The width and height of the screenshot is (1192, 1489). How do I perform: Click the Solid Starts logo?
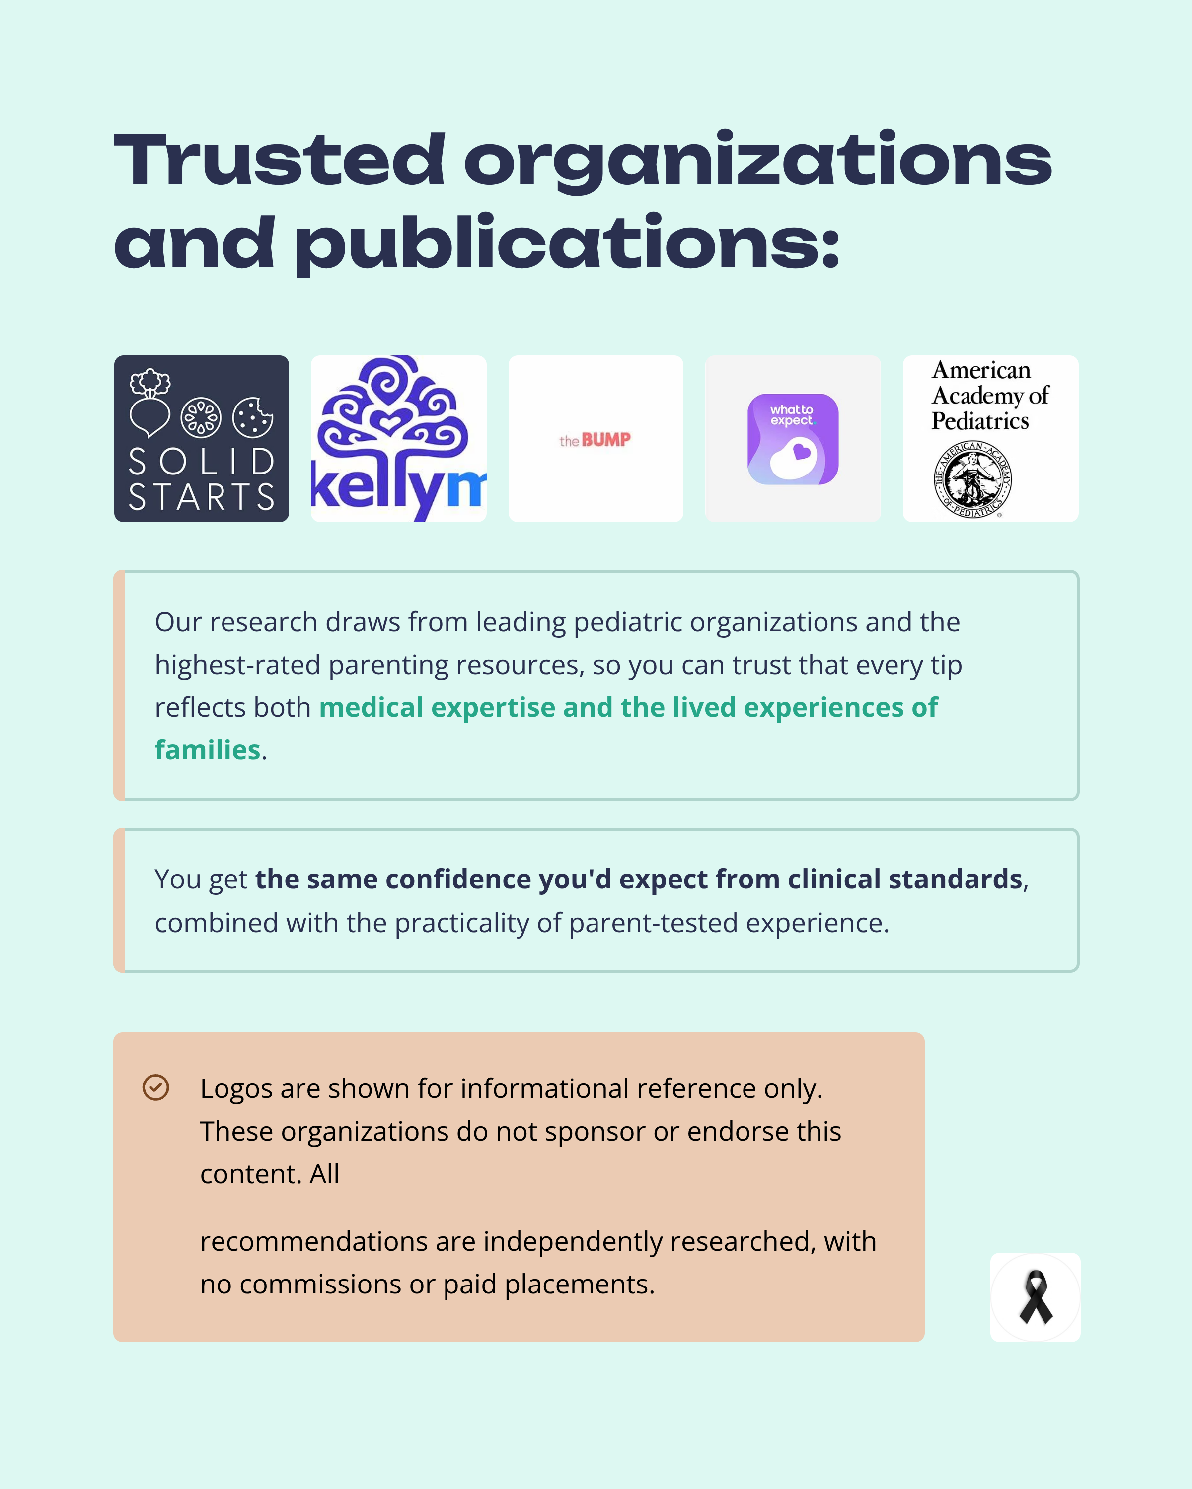(x=201, y=439)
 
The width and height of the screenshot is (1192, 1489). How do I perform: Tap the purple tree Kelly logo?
(x=398, y=439)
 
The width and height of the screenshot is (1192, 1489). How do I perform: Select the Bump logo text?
(x=595, y=440)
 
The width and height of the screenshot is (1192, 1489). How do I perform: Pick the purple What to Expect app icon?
(x=793, y=439)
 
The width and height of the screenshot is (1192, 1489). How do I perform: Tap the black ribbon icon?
(x=1035, y=1297)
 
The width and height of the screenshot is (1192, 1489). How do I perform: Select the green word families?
(x=207, y=750)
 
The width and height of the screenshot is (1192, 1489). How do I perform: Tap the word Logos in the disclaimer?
(x=235, y=1089)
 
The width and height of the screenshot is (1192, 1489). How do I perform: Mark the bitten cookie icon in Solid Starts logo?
(x=252, y=417)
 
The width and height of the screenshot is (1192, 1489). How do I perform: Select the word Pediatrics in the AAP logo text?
(x=980, y=420)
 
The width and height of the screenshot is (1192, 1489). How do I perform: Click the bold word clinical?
(x=834, y=879)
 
